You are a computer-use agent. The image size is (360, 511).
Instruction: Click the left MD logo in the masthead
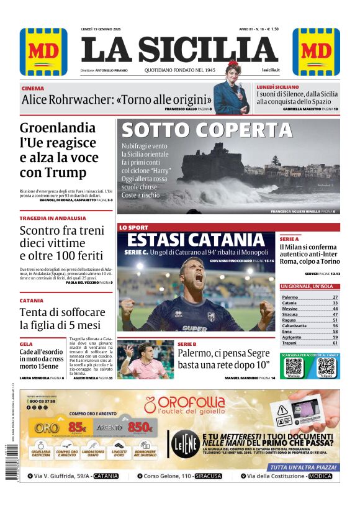tap(43, 52)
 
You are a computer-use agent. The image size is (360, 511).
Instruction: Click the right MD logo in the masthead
tap(316, 52)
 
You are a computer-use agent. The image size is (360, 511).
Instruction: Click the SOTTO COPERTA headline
tap(206, 130)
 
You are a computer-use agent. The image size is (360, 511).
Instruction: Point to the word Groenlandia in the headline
tap(58, 129)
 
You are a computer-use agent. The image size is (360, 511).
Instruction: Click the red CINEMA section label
tap(32, 89)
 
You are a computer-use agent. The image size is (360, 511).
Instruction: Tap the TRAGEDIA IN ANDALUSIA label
tap(53, 219)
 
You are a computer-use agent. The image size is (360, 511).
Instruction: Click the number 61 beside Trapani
tap(335, 343)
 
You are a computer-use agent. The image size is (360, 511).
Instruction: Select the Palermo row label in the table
tap(290, 297)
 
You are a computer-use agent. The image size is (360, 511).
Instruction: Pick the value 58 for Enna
tap(335, 332)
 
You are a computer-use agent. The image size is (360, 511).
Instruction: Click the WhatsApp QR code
tap(294, 366)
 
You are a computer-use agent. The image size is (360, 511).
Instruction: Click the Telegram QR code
tap(325, 366)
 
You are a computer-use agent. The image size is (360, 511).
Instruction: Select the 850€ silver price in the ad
tap(141, 427)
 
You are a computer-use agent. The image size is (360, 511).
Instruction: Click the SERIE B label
tap(187, 343)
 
